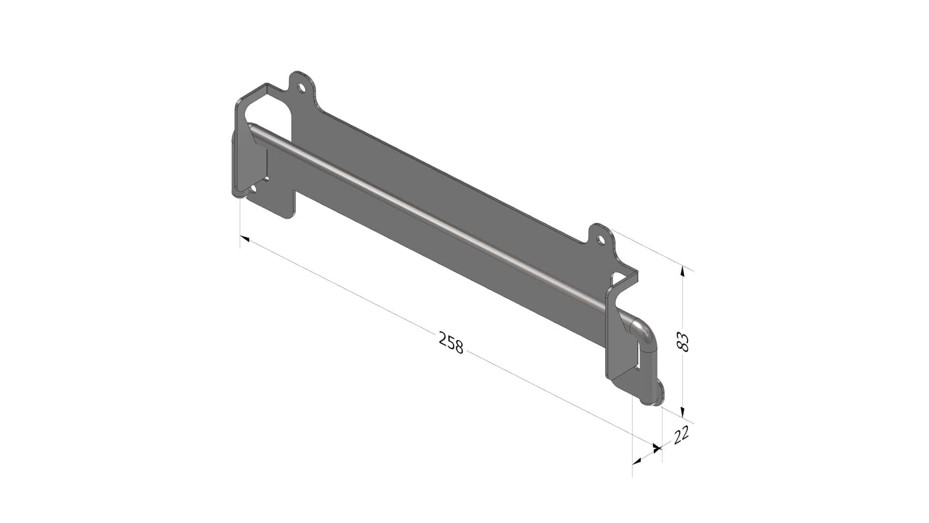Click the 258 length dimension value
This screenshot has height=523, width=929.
[451, 342]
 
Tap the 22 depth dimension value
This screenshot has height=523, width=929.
[681, 435]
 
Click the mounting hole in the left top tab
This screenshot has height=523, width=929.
[301, 88]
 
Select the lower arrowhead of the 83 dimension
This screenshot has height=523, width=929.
[683, 412]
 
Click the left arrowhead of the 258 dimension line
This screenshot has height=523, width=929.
[245, 239]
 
